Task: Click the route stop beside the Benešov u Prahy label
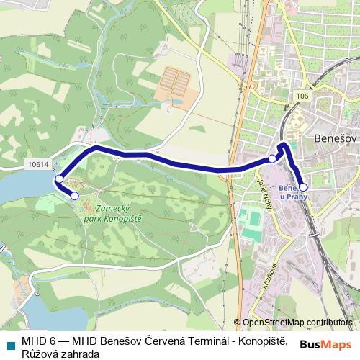[x=303, y=187]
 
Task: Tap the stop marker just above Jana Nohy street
[x=271, y=158]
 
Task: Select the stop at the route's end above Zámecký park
[x=75, y=195]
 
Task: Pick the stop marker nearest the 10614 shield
[x=58, y=179]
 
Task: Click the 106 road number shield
[x=302, y=96]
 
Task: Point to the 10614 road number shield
[x=40, y=164]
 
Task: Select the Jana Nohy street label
[x=261, y=194]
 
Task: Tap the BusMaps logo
[x=326, y=343]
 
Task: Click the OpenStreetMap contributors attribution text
[x=297, y=323]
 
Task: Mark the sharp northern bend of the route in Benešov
[x=284, y=145]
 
